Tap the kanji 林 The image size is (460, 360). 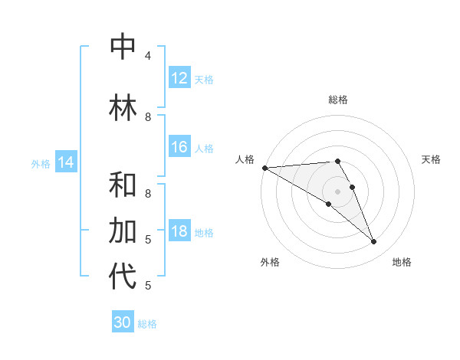pyautogui.click(x=123, y=107)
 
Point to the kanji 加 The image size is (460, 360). pyautogui.click(x=123, y=231)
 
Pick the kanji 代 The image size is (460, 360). pyautogui.click(x=123, y=277)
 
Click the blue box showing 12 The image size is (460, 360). pyautogui.click(x=179, y=78)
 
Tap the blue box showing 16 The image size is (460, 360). pyautogui.click(x=179, y=148)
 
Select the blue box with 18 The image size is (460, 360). pyautogui.click(x=179, y=232)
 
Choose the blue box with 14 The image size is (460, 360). pyautogui.click(x=66, y=162)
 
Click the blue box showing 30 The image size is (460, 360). pyautogui.click(x=122, y=322)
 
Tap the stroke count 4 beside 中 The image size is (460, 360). pyautogui.click(x=148, y=56)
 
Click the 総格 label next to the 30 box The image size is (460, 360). pyautogui.click(x=147, y=324)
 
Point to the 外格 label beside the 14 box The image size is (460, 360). pyautogui.click(x=41, y=164)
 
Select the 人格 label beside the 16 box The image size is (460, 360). pyautogui.click(x=204, y=149)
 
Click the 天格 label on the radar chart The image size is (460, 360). pyautogui.click(x=431, y=159)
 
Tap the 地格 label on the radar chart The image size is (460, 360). pyautogui.click(x=402, y=262)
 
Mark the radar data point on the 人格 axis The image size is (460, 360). pyautogui.click(x=264, y=168)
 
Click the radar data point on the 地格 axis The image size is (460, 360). pyautogui.click(x=373, y=242)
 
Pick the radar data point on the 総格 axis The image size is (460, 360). pyautogui.click(x=337, y=161)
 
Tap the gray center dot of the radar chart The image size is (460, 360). pyautogui.click(x=337, y=191)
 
